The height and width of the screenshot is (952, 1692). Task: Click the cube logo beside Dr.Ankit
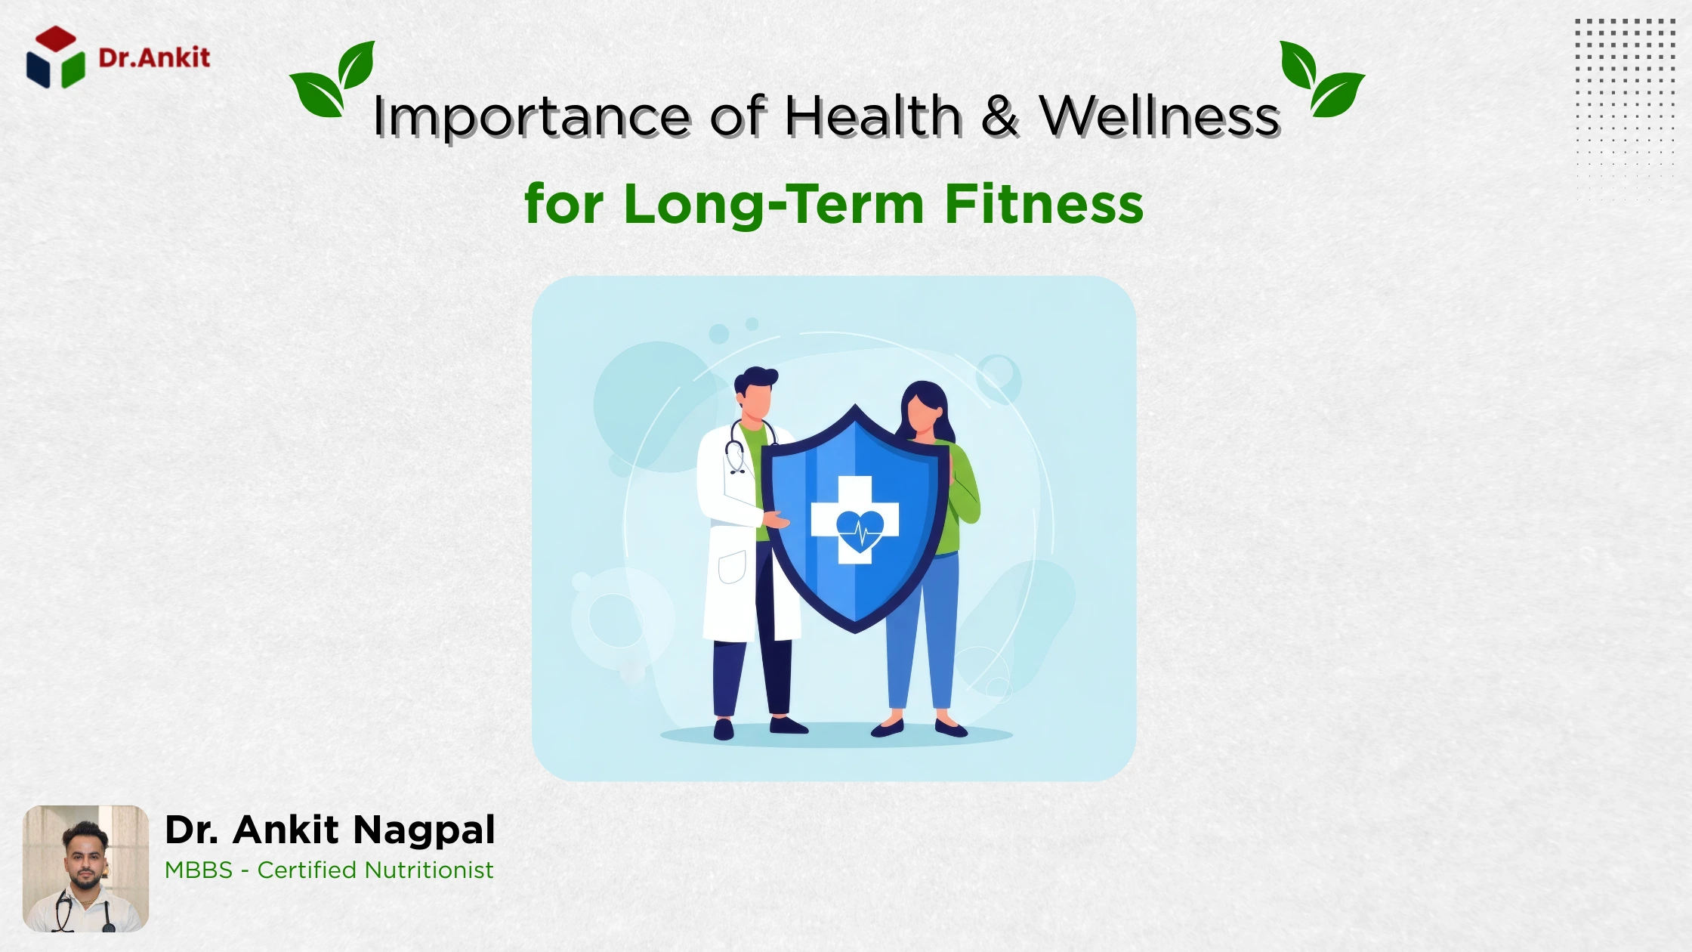point(56,57)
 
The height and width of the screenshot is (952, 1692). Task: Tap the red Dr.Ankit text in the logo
point(154,57)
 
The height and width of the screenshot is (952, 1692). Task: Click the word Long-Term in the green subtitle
point(774,204)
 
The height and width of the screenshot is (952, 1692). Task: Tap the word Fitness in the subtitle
point(1044,203)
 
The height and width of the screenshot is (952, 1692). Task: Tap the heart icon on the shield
point(860,530)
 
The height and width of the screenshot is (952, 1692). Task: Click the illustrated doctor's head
point(755,393)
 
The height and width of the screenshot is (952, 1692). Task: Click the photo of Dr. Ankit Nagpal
point(85,868)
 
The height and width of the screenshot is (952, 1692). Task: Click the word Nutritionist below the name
point(428,870)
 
